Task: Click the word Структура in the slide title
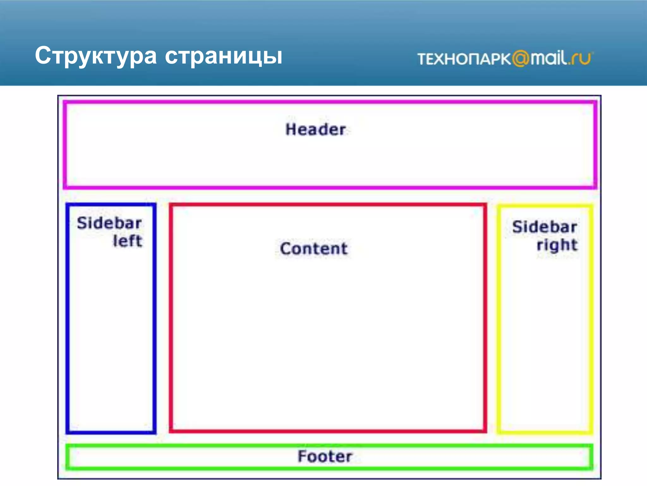tap(96, 56)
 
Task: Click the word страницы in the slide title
tap(223, 56)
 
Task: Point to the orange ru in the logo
tap(581, 59)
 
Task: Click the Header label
tap(316, 129)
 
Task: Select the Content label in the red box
tap(314, 248)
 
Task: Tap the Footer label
tap(325, 456)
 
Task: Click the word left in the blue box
tap(128, 241)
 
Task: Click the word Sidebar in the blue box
tap(109, 223)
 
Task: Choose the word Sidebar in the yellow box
tap(545, 227)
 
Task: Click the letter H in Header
tap(291, 129)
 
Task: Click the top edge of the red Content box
tap(328, 205)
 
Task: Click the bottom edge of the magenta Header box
tap(330, 187)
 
